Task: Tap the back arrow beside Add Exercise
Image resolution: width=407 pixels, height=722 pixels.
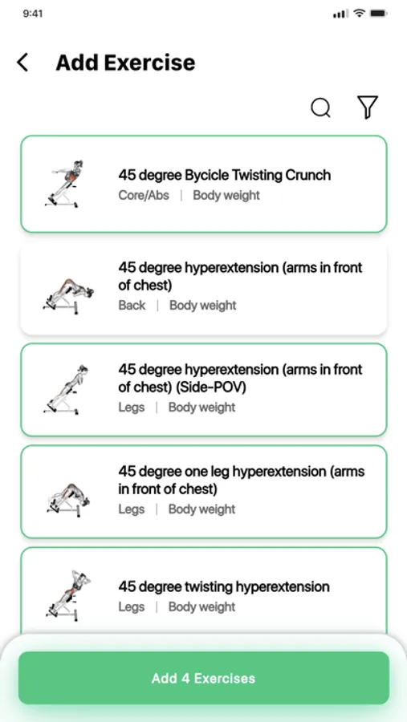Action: pos(22,62)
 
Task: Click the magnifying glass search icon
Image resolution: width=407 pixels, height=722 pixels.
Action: pos(321,107)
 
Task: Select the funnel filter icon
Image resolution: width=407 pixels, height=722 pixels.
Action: pos(368,107)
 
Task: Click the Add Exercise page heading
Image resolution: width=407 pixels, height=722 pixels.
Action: pos(125,63)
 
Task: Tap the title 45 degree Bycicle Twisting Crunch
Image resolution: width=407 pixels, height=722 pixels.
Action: pos(225,175)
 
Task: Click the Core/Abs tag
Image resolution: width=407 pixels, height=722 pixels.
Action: pos(144,195)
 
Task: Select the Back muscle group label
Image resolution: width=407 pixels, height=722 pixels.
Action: pos(132,306)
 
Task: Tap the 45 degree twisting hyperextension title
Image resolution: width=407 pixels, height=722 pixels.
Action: pos(224,586)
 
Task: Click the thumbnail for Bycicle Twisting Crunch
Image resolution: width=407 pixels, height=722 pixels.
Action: pos(64,184)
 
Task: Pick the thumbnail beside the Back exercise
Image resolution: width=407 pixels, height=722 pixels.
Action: pos(67,295)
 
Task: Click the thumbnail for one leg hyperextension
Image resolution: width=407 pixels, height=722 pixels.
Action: pos(68,500)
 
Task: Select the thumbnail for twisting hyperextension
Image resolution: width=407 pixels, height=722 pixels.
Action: pos(67,596)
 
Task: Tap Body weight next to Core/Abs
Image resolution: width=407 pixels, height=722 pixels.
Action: pos(226,195)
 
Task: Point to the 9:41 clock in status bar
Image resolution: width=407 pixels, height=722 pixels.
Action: pos(33,14)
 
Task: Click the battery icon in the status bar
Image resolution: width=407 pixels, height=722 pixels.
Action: pos(379,14)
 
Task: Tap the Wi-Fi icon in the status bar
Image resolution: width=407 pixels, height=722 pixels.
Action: pos(359,14)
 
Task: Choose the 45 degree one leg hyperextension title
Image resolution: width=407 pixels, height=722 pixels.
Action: pos(242,480)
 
